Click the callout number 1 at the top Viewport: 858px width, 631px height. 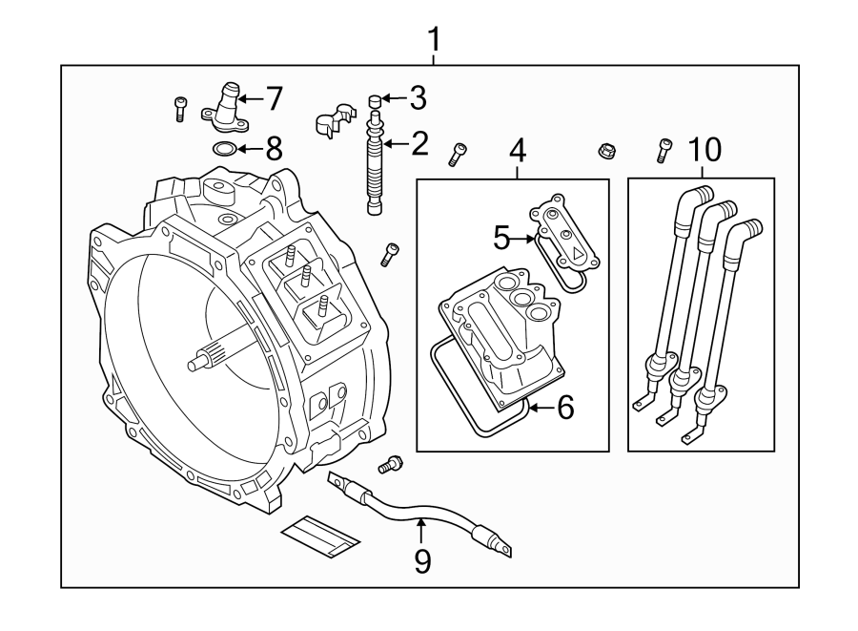(434, 39)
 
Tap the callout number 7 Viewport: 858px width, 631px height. (274, 98)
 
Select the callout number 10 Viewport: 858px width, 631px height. (705, 149)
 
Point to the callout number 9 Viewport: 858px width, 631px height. (422, 561)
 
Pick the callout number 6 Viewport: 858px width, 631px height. (565, 408)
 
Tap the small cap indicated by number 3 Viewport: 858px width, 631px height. (375, 100)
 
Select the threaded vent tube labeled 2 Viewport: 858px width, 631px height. (375, 163)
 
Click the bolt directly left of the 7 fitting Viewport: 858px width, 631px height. (179, 109)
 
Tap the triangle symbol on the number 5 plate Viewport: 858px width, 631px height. (577, 253)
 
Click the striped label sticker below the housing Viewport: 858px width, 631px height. (320, 536)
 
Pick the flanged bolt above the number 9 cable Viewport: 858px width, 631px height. (390, 464)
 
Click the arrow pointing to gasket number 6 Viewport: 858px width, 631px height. (541, 408)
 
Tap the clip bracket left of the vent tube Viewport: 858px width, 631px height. (335, 119)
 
